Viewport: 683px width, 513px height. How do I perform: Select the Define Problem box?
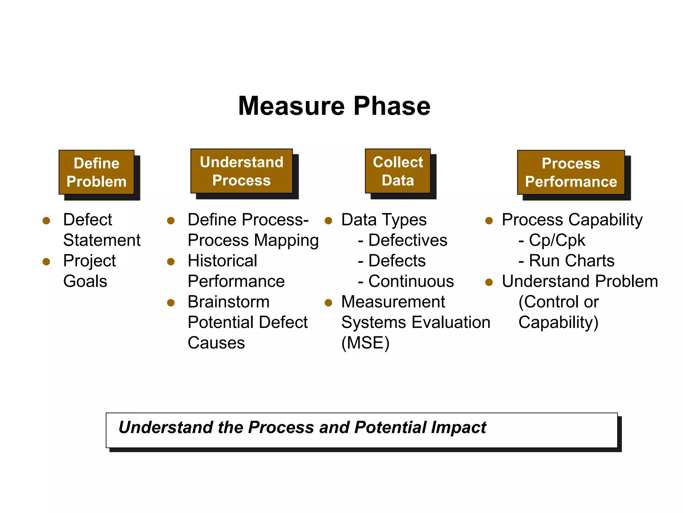pyautogui.click(x=96, y=172)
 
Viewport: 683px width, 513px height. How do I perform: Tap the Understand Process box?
pyautogui.click(x=241, y=171)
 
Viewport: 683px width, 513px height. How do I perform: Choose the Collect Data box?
pyautogui.click(x=398, y=171)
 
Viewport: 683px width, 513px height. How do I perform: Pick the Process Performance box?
pyautogui.click(x=571, y=172)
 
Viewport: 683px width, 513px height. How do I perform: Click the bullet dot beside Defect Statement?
pyautogui.click(x=46, y=221)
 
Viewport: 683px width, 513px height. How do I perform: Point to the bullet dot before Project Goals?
pyautogui.click(x=46, y=262)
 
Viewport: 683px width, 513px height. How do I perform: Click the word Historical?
pyautogui.click(x=222, y=261)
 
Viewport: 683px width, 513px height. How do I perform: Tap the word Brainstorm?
pyautogui.click(x=228, y=302)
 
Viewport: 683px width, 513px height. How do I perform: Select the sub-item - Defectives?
pyautogui.click(x=403, y=240)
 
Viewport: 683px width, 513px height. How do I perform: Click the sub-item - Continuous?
pyautogui.click(x=406, y=282)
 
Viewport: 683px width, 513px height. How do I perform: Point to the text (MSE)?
pyautogui.click(x=365, y=343)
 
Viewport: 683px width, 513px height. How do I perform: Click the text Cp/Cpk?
pyautogui.click(x=557, y=240)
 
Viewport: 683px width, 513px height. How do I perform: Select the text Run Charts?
pyautogui.click(x=571, y=261)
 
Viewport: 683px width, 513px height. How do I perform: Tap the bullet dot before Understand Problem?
pyautogui.click(x=489, y=283)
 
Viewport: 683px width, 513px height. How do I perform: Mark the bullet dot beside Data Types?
pyautogui.click(x=328, y=221)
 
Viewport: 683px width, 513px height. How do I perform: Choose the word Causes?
pyautogui.click(x=216, y=343)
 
